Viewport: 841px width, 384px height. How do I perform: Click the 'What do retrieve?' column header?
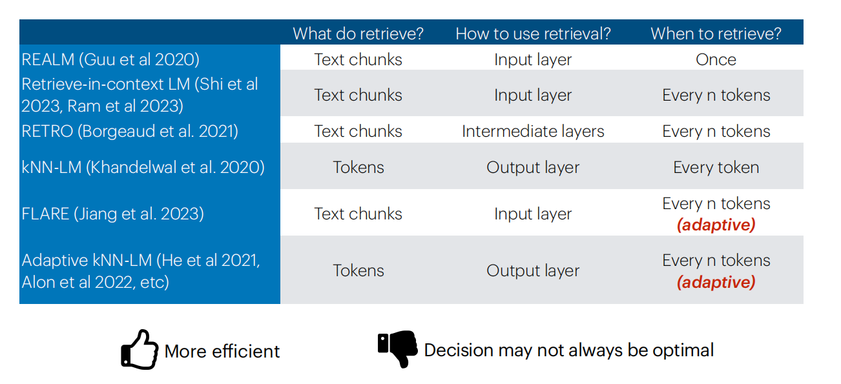[358, 34]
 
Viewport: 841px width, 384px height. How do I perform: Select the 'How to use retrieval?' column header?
[533, 34]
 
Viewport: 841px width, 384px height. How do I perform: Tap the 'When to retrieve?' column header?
[716, 34]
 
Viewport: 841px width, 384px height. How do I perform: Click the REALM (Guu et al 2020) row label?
[110, 59]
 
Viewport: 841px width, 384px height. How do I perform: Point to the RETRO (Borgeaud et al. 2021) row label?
[130, 131]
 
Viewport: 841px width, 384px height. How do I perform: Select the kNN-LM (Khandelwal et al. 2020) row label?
[143, 167]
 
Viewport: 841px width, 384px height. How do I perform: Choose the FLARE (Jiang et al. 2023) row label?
[112, 214]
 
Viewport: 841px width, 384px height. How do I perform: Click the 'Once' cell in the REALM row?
[716, 59]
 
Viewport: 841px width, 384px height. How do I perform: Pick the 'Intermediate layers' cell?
[533, 131]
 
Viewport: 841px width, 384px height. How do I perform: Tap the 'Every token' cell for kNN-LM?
[716, 167]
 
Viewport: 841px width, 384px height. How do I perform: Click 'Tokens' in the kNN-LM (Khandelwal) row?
[358, 167]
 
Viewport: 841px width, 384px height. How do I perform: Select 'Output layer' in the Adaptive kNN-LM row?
[533, 271]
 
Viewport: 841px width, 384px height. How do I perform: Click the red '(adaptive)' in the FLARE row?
[716, 225]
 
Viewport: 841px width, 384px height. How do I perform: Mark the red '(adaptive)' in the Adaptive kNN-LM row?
[716, 283]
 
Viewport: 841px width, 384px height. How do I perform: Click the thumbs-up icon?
[140, 350]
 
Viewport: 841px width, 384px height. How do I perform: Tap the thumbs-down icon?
[398, 349]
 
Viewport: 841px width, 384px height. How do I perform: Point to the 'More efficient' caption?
[222, 351]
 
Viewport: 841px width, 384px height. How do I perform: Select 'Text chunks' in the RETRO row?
[358, 131]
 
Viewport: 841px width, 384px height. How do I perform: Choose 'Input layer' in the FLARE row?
[533, 214]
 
